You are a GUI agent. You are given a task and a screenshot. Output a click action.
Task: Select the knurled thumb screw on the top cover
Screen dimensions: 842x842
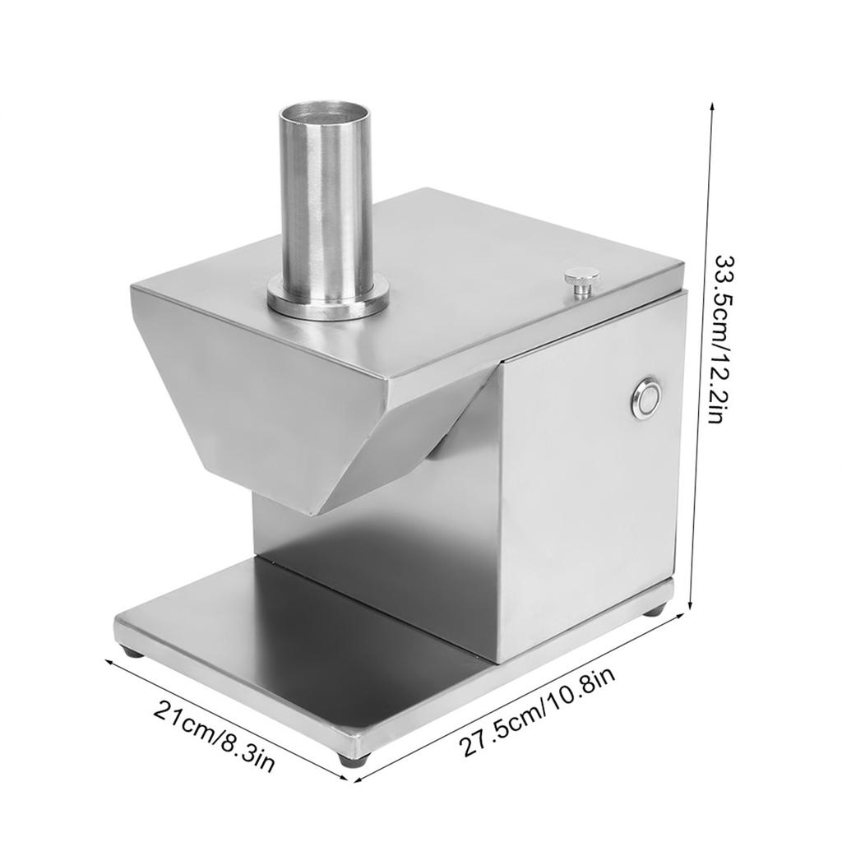click(x=581, y=280)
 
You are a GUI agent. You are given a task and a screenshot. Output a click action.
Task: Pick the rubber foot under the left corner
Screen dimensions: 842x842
click(x=132, y=652)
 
